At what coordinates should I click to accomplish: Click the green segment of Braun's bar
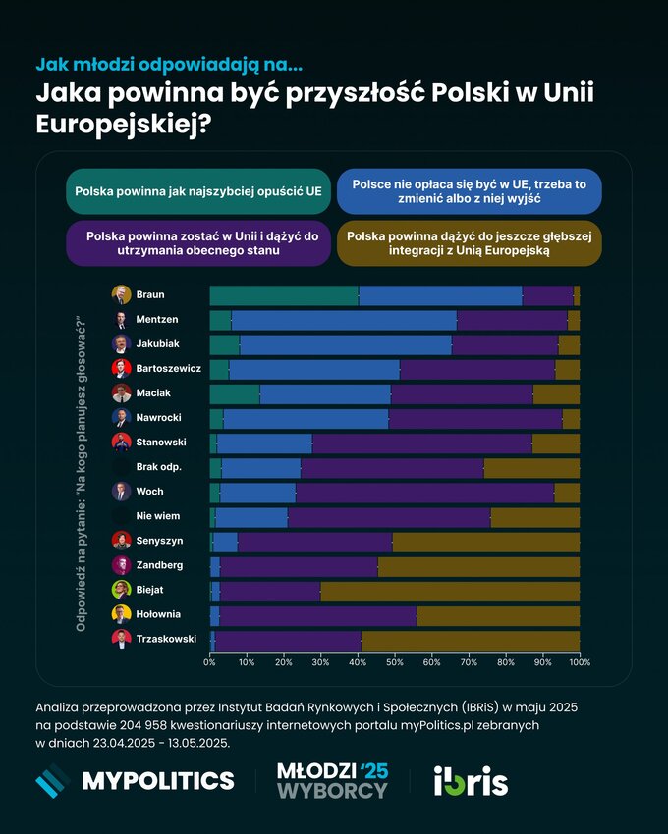pyautogui.click(x=284, y=295)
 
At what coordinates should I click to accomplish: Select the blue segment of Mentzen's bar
pyautogui.click(x=344, y=320)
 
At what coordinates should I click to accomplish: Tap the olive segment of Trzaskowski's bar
pyautogui.click(x=471, y=640)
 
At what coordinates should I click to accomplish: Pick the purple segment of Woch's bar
pyautogui.click(x=424, y=493)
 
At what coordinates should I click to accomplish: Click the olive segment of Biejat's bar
pyautogui.click(x=450, y=591)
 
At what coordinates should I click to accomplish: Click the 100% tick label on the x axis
pyautogui.click(x=579, y=663)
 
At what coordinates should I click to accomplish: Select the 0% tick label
pyautogui.click(x=210, y=663)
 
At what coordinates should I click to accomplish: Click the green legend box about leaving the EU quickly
pyautogui.click(x=197, y=190)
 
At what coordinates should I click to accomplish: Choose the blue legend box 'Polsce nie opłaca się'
pyautogui.click(x=470, y=190)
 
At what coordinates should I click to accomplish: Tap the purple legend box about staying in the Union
pyautogui.click(x=197, y=242)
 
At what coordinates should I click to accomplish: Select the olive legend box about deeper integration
pyautogui.click(x=470, y=242)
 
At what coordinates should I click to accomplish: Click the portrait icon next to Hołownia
pyautogui.click(x=122, y=614)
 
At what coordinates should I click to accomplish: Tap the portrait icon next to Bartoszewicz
pyautogui.click(x=122, y=369)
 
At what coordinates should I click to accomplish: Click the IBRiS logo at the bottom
pyautogui.click(x=471, y=780)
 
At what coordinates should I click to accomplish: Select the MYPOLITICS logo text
pyautogui.click(x=157, y=780)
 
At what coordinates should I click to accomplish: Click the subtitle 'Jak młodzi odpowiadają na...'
pyautogui.click(x=169, y=65)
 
